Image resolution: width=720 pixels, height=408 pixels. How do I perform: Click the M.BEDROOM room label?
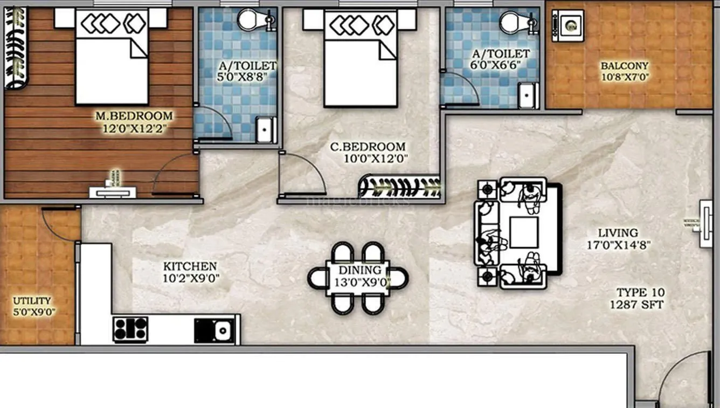(134, 116)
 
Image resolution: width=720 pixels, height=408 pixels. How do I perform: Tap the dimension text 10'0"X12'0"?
(376, 158)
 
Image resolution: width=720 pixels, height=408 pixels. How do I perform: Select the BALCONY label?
(625, 66)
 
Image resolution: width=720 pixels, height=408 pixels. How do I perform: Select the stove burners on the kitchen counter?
(130, 329)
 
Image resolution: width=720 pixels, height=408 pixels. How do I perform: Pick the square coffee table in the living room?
(523, 232)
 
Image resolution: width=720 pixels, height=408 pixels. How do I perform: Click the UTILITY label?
(32, 301)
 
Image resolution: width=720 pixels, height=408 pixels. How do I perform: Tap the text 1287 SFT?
(636, 305)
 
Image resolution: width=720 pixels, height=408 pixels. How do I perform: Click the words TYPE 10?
(640, 293)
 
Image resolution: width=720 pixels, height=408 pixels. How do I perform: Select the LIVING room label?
(618, 233)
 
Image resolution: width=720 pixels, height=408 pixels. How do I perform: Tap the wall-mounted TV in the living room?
(705, 224)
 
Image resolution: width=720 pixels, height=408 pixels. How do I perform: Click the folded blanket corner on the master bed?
(139, 49)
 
